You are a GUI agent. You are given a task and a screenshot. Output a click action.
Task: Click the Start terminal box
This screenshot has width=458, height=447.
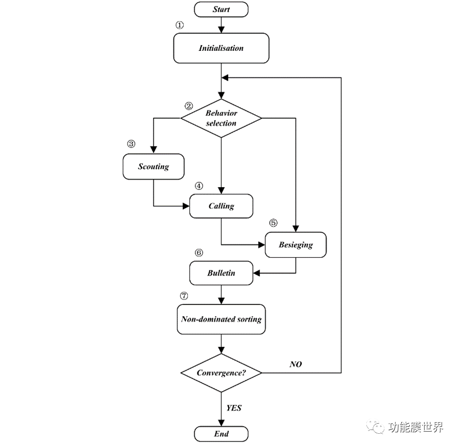221,10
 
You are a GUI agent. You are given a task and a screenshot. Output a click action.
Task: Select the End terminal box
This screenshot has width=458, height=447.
221,434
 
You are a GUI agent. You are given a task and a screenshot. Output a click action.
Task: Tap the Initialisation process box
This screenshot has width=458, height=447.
221,48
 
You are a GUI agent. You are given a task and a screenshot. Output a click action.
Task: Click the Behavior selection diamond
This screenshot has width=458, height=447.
221,118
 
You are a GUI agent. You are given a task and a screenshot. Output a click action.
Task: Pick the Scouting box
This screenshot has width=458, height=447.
154,166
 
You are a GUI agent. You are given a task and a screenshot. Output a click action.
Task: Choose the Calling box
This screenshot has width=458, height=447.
221,206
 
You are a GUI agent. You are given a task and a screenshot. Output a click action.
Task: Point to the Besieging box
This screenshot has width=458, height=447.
296,245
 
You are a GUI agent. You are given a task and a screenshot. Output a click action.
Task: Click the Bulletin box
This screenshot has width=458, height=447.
221,274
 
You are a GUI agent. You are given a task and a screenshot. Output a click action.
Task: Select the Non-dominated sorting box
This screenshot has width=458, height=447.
221,319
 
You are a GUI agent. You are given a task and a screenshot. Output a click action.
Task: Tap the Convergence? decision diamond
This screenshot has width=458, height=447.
221,373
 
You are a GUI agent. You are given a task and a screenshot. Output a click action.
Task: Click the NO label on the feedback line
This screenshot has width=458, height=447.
295,364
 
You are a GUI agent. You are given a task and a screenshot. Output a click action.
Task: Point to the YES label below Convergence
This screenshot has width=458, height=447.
234,408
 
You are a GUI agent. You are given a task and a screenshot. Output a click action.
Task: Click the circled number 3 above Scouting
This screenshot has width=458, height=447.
131,144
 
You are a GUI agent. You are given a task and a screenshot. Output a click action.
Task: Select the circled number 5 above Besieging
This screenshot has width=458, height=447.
273,222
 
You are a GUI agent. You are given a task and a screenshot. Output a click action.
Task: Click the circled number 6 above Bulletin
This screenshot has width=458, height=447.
199,252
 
